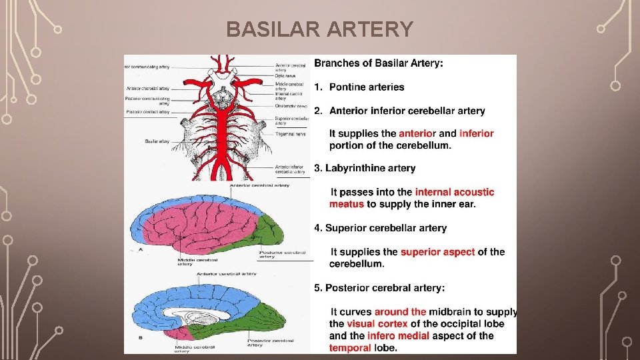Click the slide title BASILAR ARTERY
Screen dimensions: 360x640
tap(319, 30)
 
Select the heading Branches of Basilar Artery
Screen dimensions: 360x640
tap(378, 63)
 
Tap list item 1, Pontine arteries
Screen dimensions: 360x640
tap(359, 87)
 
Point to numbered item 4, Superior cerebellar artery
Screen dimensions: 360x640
tap(380, 228)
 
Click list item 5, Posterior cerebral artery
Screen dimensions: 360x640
tap(379, 287)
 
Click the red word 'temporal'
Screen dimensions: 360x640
tap(350, 347)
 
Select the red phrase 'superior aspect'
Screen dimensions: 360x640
tap(437, 252)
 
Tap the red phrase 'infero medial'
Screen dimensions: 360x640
tap(398, 336)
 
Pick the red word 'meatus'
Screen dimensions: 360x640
tap(347, 204)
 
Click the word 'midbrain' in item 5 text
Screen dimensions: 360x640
tap(450, 312)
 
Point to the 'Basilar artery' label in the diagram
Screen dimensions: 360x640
tap(157, 141)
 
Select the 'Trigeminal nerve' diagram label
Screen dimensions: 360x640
tap(290, 134)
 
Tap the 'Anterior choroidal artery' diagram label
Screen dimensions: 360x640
tap(147, 89)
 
